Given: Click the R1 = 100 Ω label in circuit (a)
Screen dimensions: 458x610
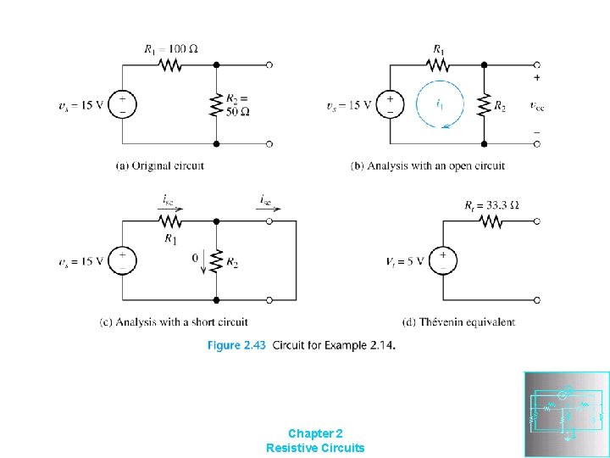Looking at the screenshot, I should click(172, 48).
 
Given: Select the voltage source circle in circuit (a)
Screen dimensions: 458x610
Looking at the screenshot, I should click(123, 105).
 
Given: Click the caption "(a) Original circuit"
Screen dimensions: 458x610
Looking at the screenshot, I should click(160, 165).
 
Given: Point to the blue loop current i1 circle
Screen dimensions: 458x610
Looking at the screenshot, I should click(437, 105).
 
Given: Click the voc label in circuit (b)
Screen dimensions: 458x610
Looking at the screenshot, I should click(536, 105).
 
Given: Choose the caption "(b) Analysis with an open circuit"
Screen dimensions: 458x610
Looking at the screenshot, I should click(428, 165).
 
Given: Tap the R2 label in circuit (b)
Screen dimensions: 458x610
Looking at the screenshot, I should click(500, 106).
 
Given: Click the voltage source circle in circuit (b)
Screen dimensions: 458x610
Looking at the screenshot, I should click(390, 105).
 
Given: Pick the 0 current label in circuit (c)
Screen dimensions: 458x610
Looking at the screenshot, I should click(196, 256).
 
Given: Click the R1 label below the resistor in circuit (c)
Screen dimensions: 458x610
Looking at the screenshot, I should click(172, 239).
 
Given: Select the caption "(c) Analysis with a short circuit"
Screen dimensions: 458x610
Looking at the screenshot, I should click(174, 321).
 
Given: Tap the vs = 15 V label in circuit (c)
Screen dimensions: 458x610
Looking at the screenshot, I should click(80, 260).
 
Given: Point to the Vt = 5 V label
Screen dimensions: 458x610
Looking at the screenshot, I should click(403, 260).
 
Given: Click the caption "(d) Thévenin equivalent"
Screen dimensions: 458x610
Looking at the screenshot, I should click(458, 321).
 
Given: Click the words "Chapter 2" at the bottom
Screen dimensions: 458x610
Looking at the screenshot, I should click(315, 433).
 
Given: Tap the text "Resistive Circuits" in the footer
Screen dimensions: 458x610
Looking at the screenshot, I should click(315, 447).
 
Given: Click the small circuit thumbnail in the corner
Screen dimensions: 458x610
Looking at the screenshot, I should click(567, 414).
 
